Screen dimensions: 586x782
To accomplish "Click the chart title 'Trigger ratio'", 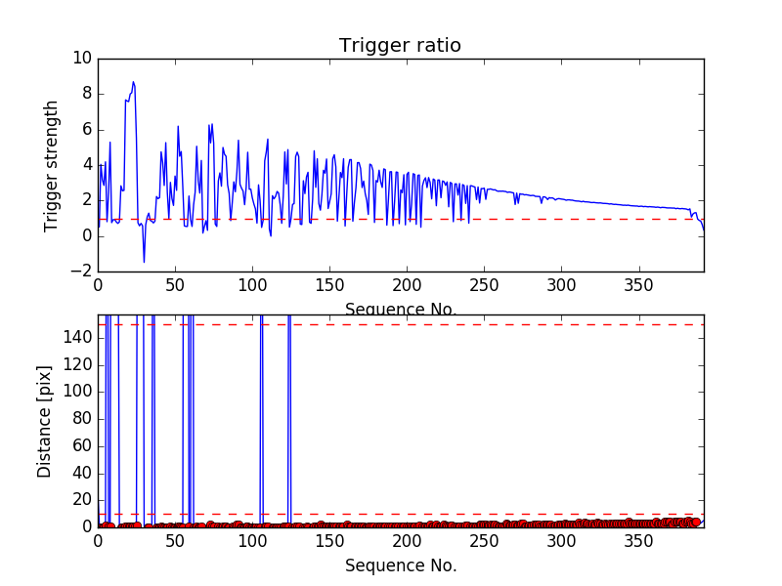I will pyautogui.click(x=400, y=46).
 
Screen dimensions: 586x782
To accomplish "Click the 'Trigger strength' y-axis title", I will pyautogui.click(x=52, y=165).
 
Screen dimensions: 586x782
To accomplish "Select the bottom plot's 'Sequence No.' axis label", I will pyautogui.click(x=401, y=565).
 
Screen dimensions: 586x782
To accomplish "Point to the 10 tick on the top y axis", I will pyautogui.click(x=81, y=59).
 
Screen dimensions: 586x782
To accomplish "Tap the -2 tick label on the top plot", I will pyautogui.click(x=81, y=272).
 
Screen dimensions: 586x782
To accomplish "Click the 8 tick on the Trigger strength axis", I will pyautogui.click(x=86, y=95).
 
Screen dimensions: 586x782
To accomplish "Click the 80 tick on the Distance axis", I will pyautogui.click(x=81, y=418).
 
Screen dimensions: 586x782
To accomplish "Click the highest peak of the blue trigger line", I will pyautogui.click(x=133, y=82).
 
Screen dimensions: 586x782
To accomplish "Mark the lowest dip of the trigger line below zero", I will pyautogui.click(x=144, y=261).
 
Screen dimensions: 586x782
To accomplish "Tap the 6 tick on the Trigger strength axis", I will pyautogui.click(x=86, y=130).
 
